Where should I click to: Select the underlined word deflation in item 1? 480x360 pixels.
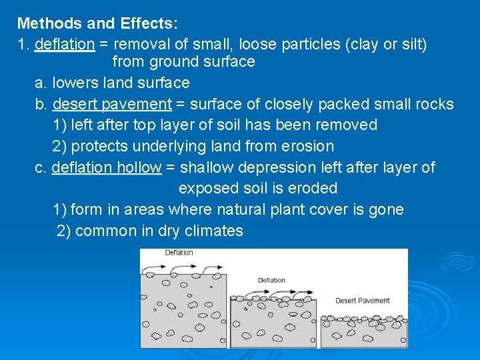[65, 45]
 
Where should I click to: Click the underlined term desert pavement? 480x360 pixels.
[112, 105]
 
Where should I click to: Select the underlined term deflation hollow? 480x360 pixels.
[107, 167]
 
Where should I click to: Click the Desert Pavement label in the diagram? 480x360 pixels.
[362, 301]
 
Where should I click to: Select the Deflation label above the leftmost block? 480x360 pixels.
[179, 253]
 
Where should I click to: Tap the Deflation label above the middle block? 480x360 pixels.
[271, 280]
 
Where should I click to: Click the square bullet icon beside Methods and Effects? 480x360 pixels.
[9, 24]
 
